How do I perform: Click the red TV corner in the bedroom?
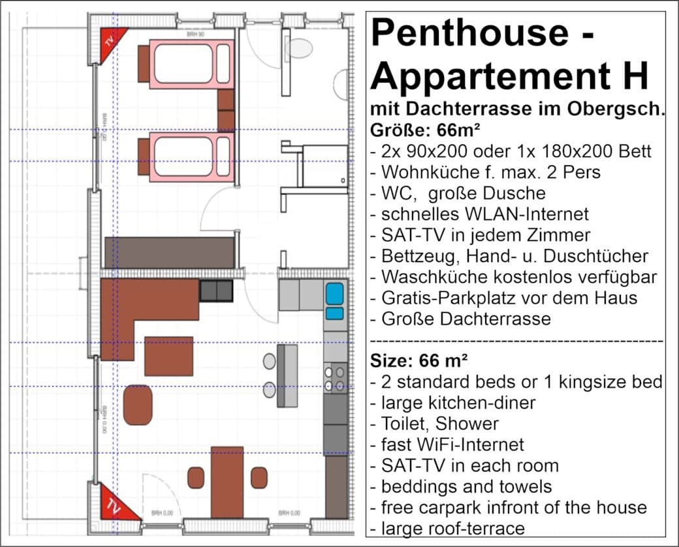pos(110,42)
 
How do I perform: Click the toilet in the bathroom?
pos(300,48)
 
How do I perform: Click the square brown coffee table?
pos(168,356)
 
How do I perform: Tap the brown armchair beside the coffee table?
pos(138,405)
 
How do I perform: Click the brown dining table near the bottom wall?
pos(227,481)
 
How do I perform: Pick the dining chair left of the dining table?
pos(196,478)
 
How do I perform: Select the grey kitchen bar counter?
pos(287,376)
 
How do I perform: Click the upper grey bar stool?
pos(270,361)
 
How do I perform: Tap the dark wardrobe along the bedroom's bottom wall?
pos(169,252)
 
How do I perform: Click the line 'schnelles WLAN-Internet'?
pos(479,213)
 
